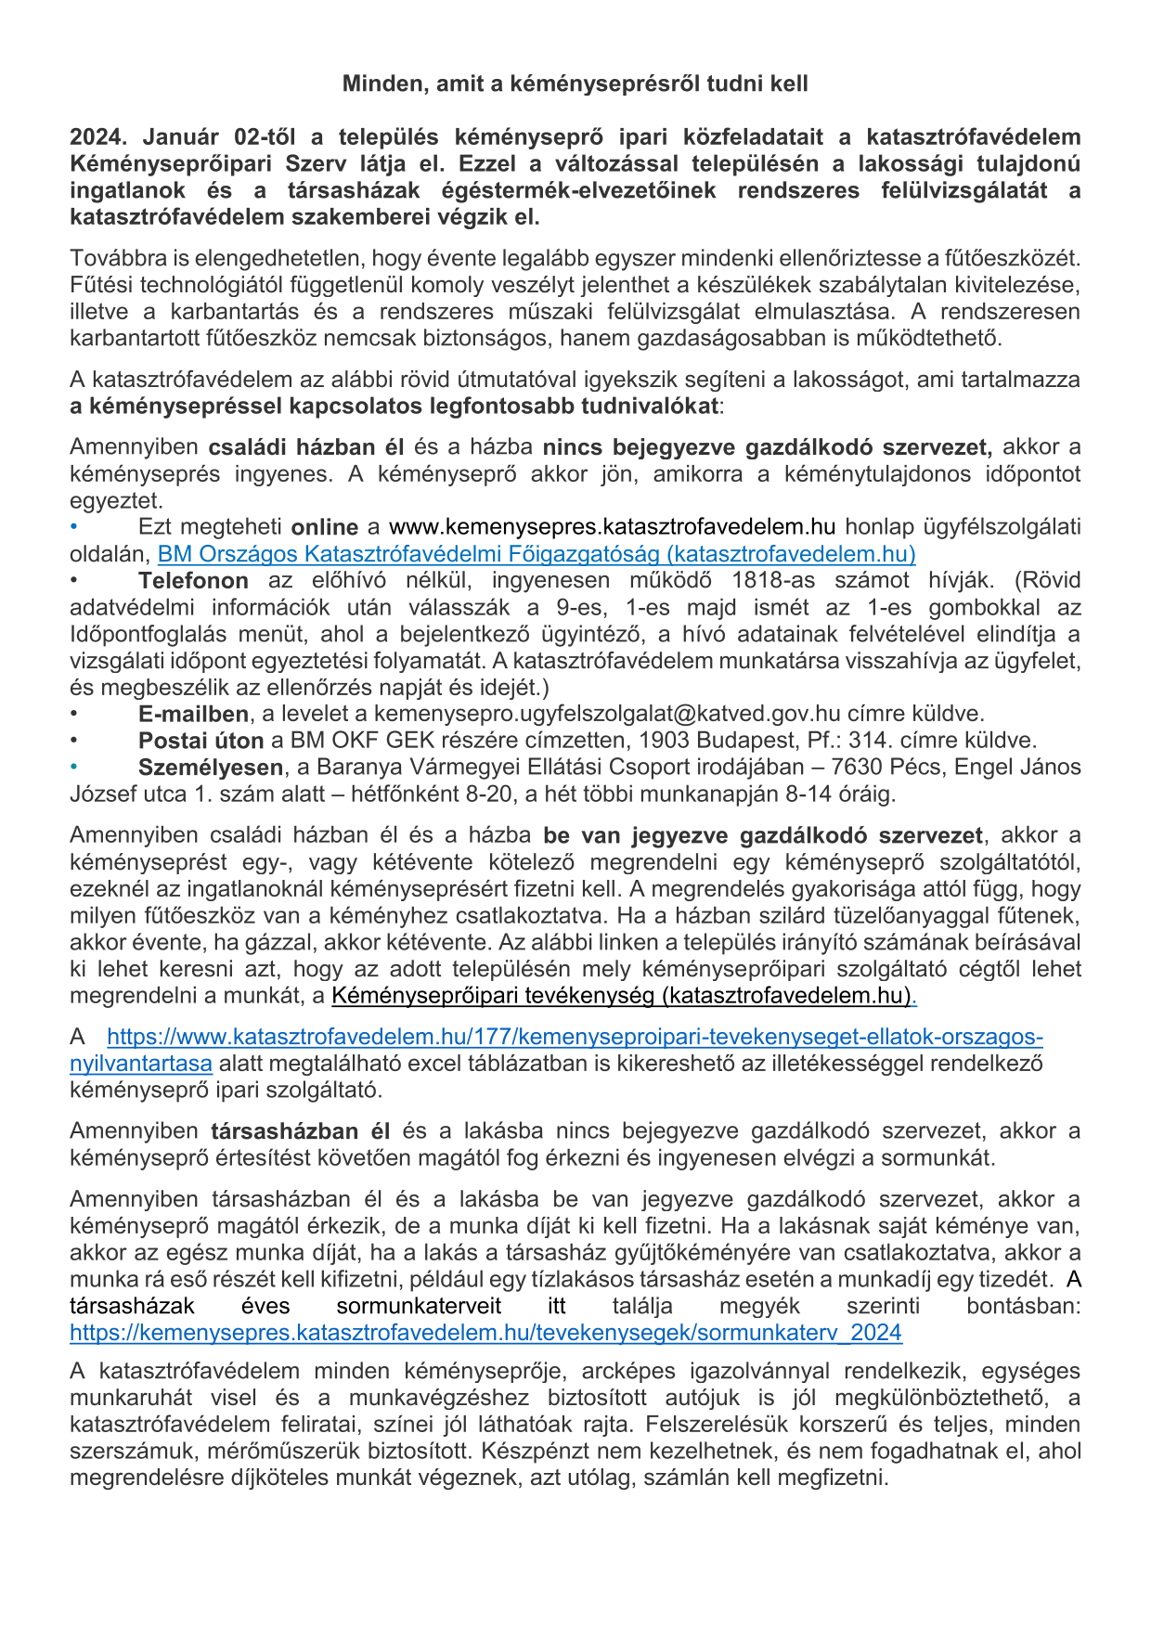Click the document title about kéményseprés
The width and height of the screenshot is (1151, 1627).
coord(575,84)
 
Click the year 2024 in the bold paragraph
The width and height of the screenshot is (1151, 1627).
coord(97,137)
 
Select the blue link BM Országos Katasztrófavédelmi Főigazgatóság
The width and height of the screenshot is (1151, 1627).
coord(537,554)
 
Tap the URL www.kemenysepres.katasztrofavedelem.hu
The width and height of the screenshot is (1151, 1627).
coord(612,527)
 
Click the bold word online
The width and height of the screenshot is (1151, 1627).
coord(324,527)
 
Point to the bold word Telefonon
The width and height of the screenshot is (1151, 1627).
coord(193,581)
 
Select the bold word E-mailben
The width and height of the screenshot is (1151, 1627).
coord(193,714)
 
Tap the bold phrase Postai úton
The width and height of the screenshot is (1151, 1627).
coord(200,741)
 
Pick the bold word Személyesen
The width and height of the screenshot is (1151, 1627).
coord(211,768)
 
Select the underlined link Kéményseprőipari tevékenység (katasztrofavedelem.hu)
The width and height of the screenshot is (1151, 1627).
coord(621,996)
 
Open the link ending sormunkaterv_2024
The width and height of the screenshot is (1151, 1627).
coord(485,1333)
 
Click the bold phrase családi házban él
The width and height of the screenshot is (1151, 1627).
coord(305,447)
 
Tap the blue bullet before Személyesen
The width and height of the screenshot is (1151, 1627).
coord(74,768)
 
